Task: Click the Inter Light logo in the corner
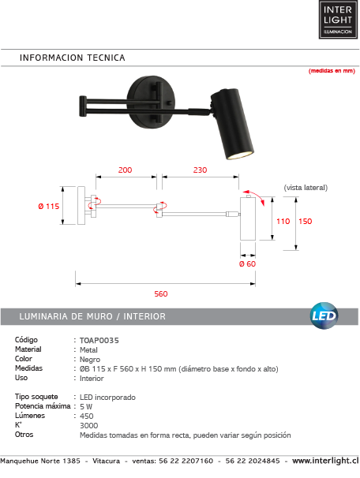(336, 20)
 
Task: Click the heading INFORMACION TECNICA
(72, 58)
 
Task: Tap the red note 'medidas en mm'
(331, 71)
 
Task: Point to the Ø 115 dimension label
(49, 207)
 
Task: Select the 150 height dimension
(306, 222)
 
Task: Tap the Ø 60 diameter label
(248, 264)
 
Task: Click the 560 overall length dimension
(161, 293)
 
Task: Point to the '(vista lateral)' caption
(305, 188)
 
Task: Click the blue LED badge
(324, 315)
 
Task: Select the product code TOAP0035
(99, 339)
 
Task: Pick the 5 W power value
(87, 406)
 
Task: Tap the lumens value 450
(88, 416)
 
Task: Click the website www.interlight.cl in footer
(324, 460)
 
